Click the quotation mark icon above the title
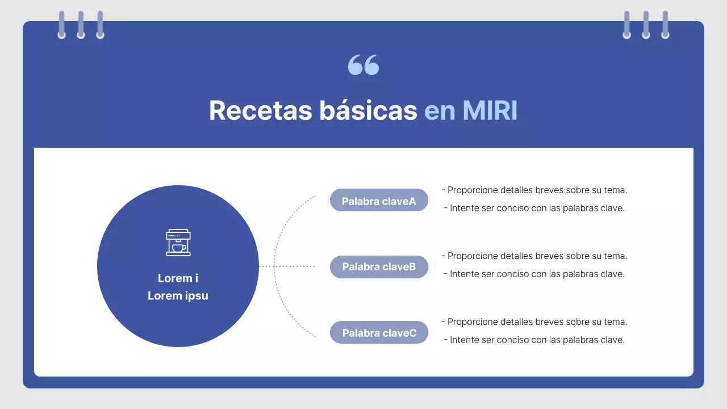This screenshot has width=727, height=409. click(x=363, y=65)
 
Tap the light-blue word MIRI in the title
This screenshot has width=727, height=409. click(x=490, y=110)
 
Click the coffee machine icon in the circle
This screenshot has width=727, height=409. click(x=178, y=243)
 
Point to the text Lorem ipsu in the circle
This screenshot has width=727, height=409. click(x=178, y=296)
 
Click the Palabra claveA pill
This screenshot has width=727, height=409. click(x=379, y=201)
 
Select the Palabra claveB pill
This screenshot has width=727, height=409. click(x=379, y=267)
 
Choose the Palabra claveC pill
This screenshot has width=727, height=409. click(x=379, y=333)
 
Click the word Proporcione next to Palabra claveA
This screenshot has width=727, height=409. click(x=473, y=190)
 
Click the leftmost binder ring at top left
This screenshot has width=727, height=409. click(x=61, y=25)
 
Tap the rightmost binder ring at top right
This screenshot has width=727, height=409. click(x=665, y=25)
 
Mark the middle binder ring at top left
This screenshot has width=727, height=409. click(x=81, y=25)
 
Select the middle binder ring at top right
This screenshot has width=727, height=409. click(x=646, y=25)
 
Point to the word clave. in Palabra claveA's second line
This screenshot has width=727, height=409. click(x=612, y=208)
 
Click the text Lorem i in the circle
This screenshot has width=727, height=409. click(x=178, y=278)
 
